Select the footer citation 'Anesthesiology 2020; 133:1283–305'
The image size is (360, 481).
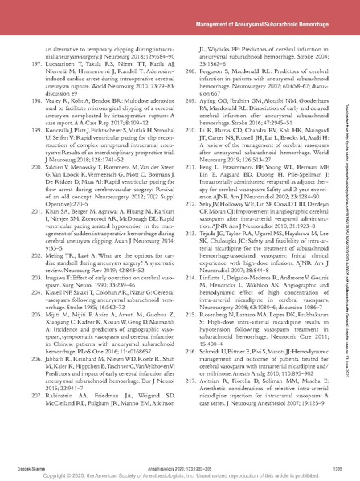(179, 462)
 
